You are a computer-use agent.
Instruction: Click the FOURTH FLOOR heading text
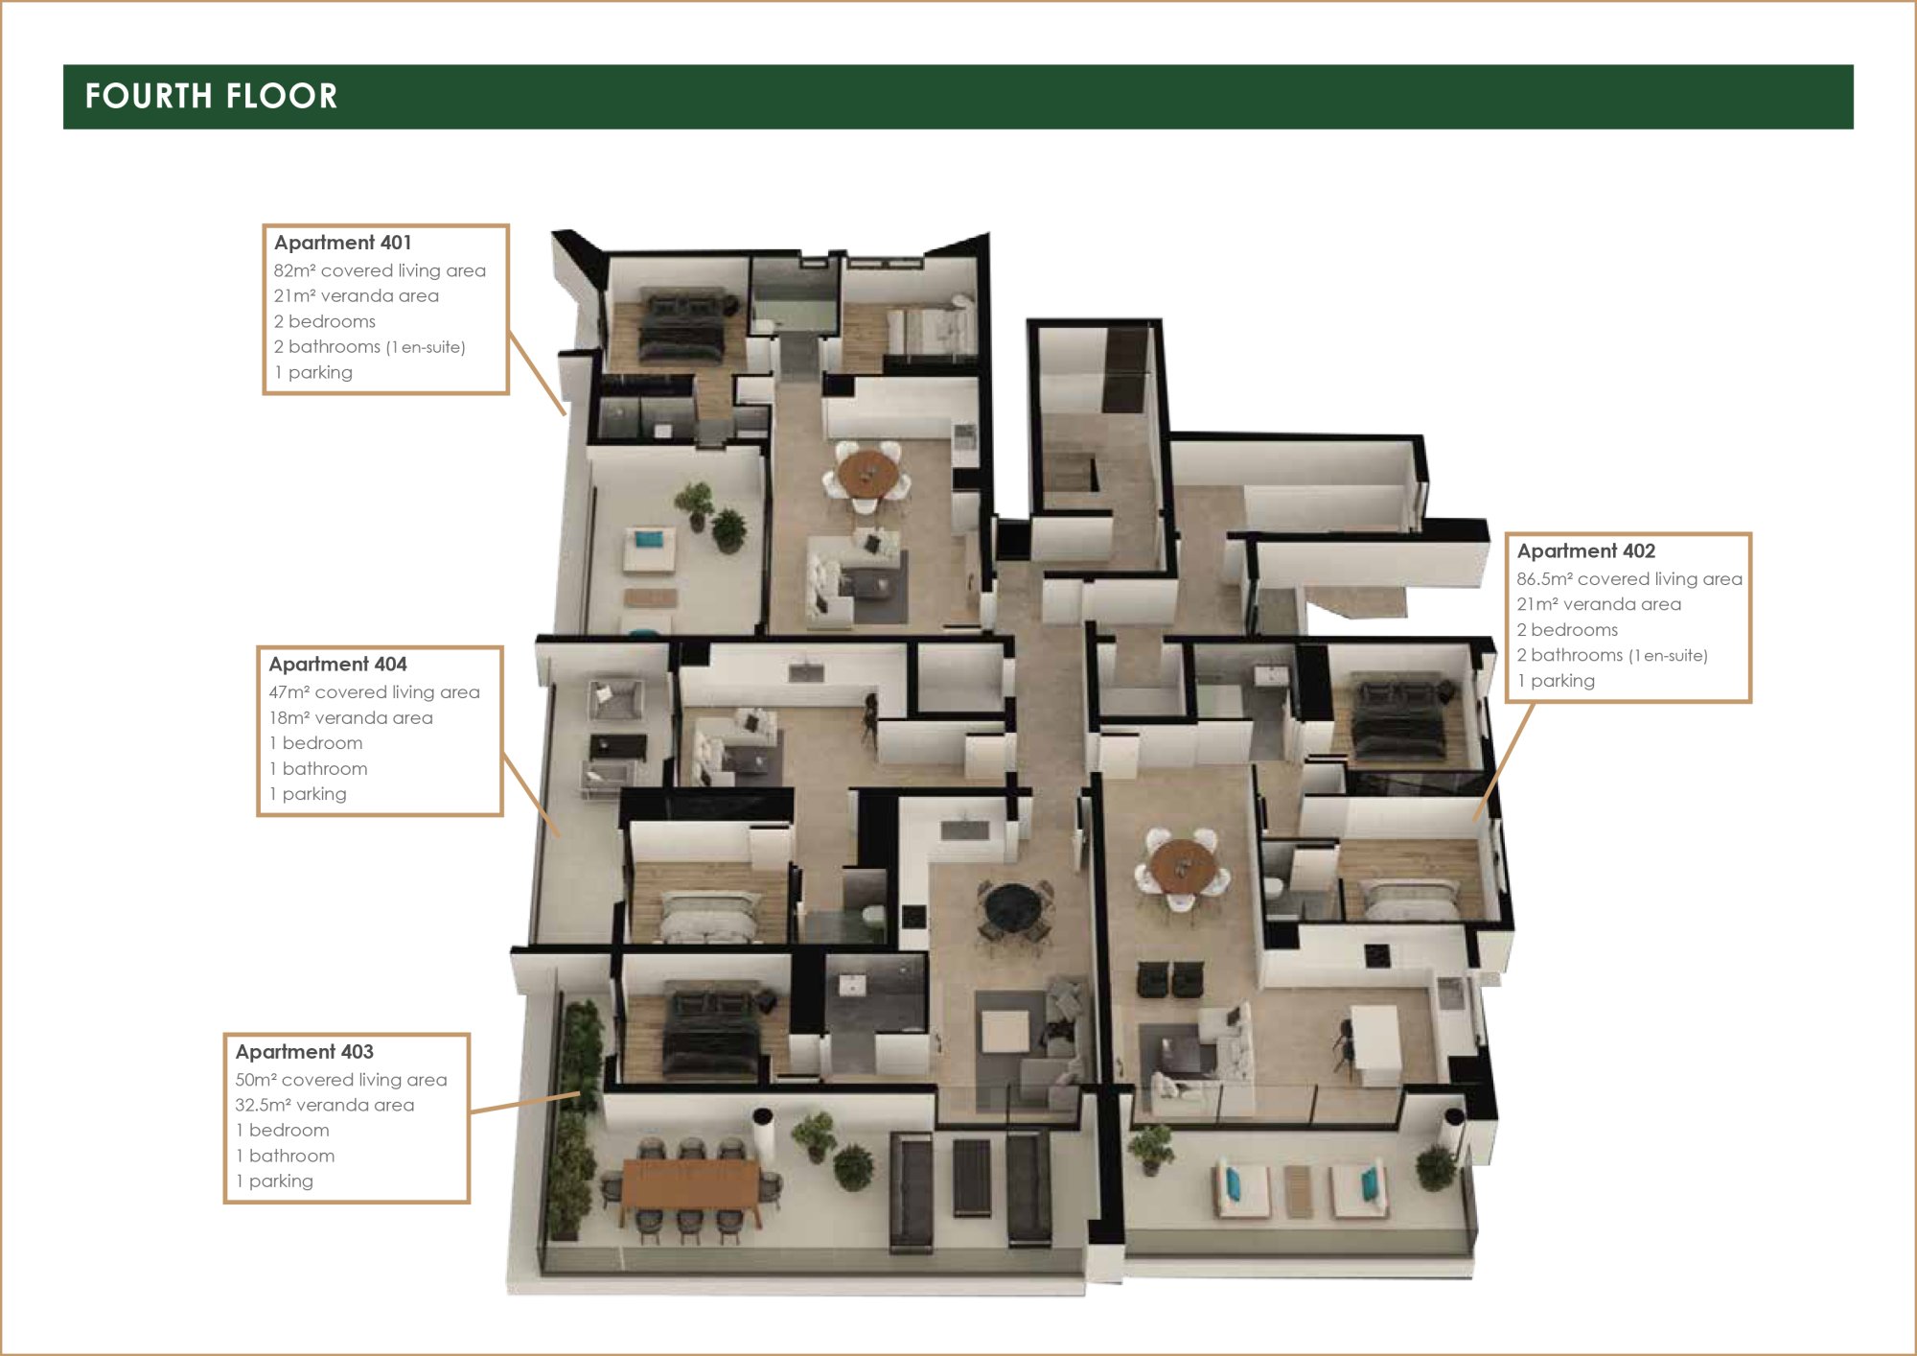coord(211,96)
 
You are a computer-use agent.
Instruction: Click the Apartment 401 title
coord(342,243)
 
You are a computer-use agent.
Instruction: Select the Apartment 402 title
coord(1585,550)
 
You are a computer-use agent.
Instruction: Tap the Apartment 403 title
coord(304,1051)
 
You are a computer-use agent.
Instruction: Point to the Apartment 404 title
coord(337,664)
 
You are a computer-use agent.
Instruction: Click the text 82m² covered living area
coord(380,270)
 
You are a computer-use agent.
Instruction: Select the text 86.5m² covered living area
coord(1629,578)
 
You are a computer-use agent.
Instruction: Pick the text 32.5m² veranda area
coord(325,1105)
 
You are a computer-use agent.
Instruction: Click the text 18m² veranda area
coord(351,717)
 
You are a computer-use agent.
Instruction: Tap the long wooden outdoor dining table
coord(690,1183)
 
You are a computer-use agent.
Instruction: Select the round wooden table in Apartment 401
coord(868,472)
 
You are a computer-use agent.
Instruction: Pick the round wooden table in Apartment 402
coord(1183,865)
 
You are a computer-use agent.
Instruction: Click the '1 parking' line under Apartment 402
coord(1556,681)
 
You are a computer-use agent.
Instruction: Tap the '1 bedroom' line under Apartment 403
coord(282,1130)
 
